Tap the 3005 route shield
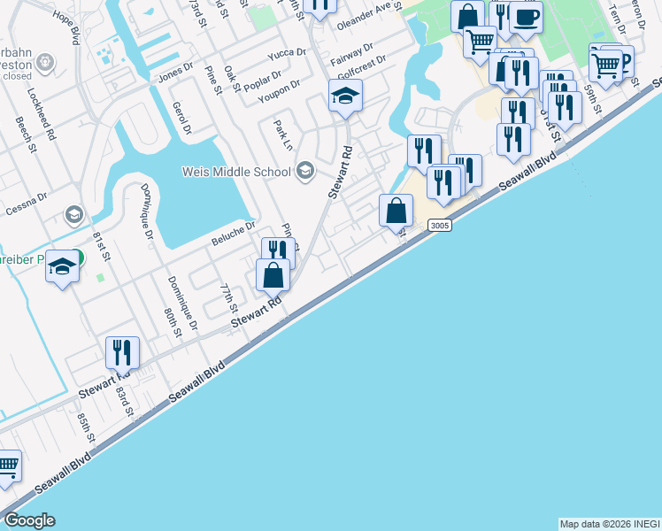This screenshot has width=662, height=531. pos(440,226)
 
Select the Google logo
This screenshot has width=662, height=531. pos(29,520)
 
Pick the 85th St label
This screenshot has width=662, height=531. pos(85,428)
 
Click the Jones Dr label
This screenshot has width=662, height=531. pos(175,73)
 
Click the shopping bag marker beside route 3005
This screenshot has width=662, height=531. pos(396,212)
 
